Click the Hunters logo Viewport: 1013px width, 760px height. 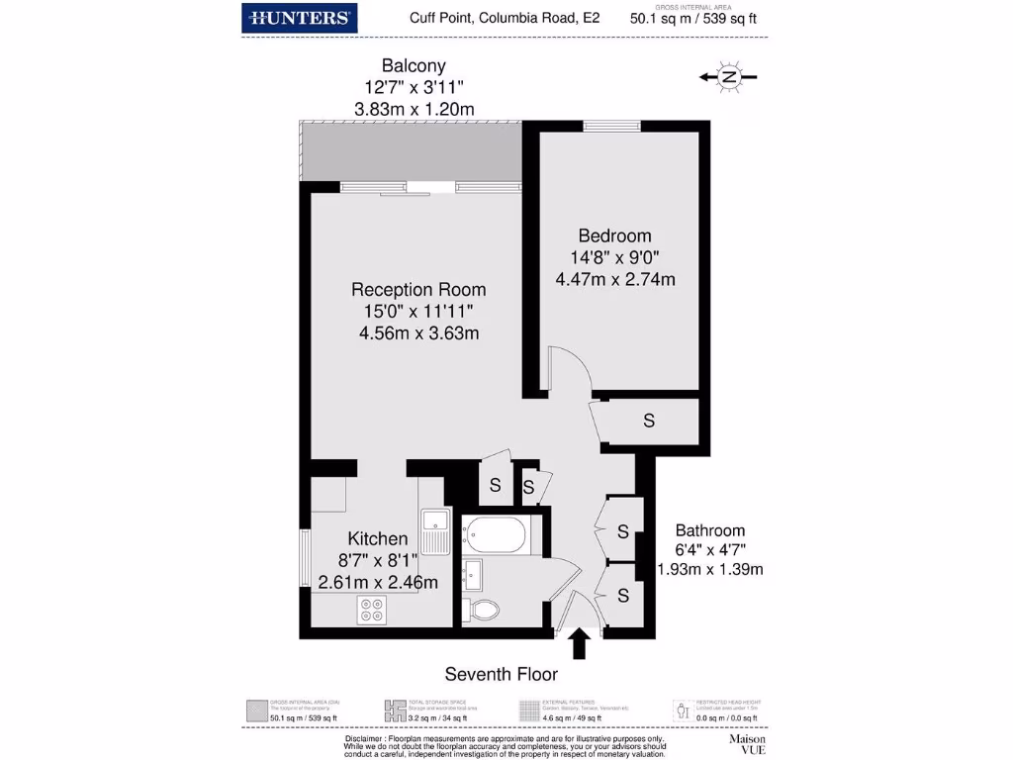[300, 18]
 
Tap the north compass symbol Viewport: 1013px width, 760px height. [728, 77]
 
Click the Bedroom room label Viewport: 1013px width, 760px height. [614, 236]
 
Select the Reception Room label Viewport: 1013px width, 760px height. [418, 290]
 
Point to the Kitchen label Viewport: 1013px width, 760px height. [377, 539]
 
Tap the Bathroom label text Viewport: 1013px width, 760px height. [709, 530]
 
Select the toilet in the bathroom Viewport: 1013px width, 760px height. [485, 608]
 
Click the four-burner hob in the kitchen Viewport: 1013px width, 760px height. [373, 610]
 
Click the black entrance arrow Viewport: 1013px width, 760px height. [579, 645]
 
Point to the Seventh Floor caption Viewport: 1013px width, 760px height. [501, 675]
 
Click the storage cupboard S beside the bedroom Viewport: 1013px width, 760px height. [649, 421]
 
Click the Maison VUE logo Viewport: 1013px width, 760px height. [748, 744]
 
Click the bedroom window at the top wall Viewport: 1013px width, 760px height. [610, 126]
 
